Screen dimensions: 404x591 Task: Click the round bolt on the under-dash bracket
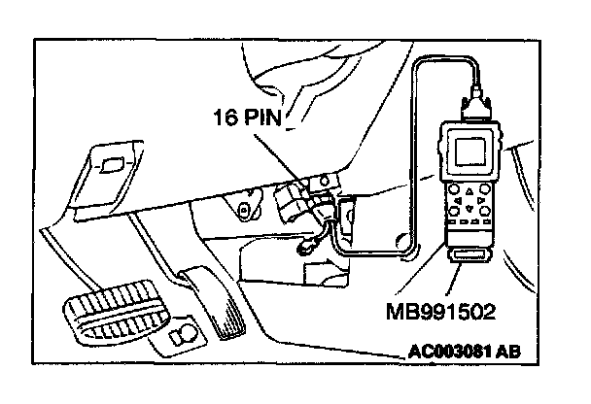pos(245,207)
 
